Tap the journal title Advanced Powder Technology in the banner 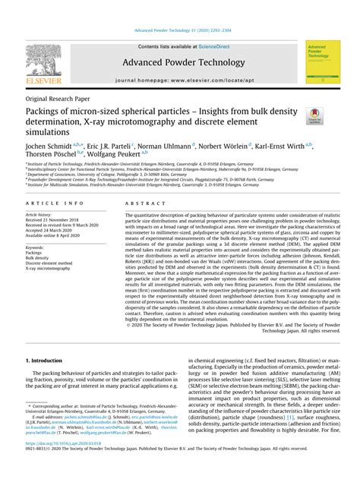pyautogui.click(x=179, y=62)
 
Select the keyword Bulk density pyautogui.click(x=37, y=258)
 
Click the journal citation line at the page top pyautogui.click(x=179, y=30)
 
